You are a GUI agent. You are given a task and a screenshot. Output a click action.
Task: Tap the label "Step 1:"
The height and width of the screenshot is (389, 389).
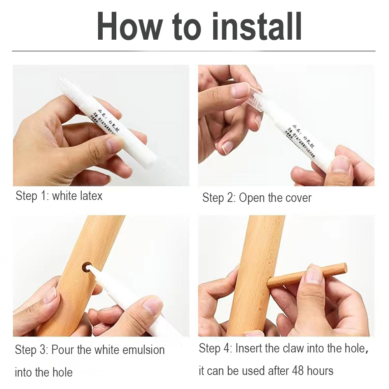[32, 196]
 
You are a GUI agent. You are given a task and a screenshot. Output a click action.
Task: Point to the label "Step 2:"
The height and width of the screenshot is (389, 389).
[219, 198]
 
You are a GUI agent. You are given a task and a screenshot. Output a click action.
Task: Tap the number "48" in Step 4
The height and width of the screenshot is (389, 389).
[294, 371]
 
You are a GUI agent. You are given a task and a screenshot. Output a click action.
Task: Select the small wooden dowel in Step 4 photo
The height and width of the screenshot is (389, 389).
[307, 275]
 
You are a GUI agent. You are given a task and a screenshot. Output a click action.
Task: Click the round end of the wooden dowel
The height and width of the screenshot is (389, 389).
[343, 268]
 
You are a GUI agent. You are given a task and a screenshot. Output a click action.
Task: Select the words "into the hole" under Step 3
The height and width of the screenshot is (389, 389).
[44, 372]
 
